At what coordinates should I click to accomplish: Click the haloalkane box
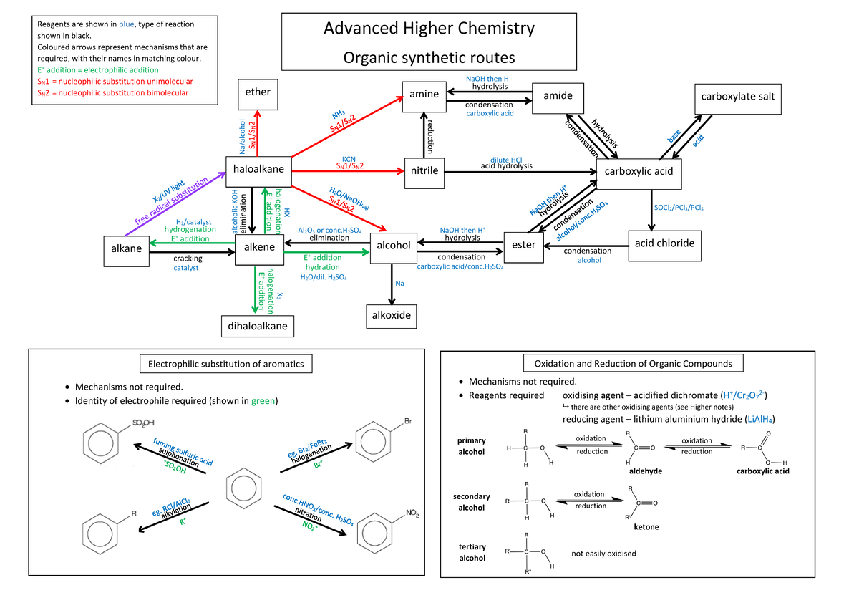coord(258,168)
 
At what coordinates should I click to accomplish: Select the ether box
coord(258,92)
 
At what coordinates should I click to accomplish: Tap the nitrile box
coord(424,171)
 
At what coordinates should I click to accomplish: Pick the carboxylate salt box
coord(737,97)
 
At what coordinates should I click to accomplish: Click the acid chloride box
coord(664,243)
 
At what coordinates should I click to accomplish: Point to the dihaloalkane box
coord(258,326)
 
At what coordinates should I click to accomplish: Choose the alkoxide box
coord(390,314)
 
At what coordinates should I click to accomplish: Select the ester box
coord(523,245)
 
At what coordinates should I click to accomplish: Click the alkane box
coord(125,248)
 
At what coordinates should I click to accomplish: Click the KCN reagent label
coord(349,158)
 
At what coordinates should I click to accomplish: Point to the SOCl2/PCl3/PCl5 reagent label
coord(679,208)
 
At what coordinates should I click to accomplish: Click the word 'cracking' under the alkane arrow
coord(188,259)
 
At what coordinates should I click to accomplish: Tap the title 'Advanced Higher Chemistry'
coord(429,29)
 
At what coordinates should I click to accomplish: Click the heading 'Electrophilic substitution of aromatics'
coord(225,364)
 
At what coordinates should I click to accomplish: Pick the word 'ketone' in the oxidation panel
coord(646,527)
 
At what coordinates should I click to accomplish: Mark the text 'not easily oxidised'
coord(603,554)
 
